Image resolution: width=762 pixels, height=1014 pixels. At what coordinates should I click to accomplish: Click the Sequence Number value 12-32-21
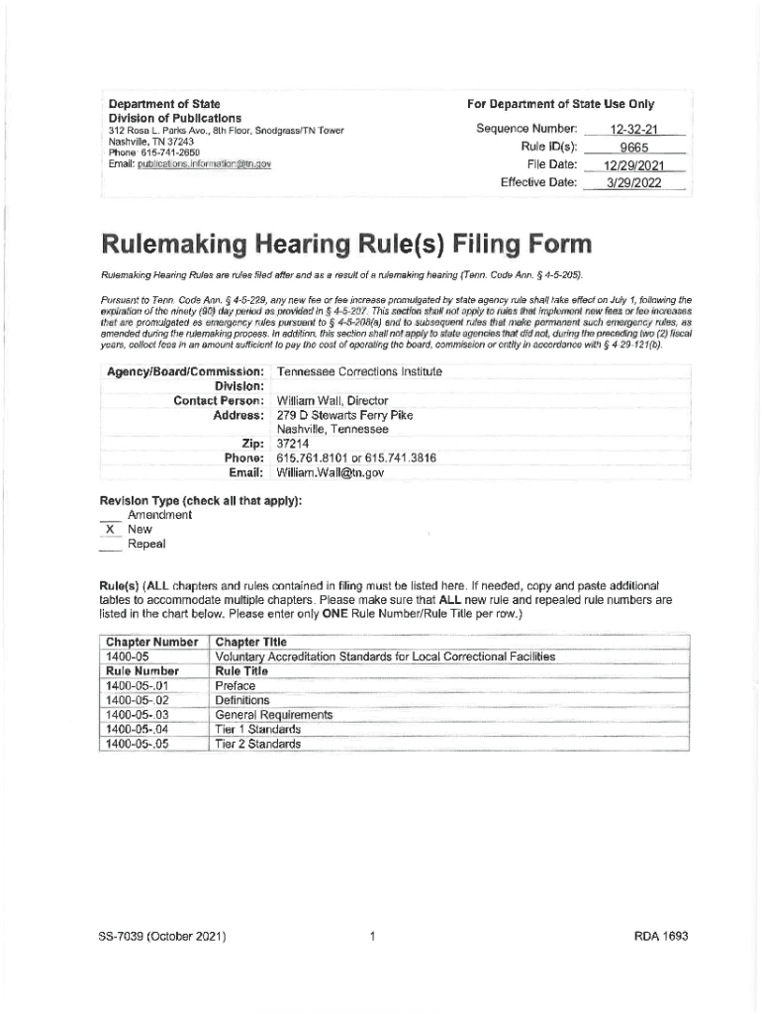(634, 130)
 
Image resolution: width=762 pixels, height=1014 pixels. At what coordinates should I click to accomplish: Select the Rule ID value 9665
(634, 148)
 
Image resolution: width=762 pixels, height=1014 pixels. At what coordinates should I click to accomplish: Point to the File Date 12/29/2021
(634, 164)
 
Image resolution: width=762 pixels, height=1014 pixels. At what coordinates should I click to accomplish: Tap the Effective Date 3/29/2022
(634, 182)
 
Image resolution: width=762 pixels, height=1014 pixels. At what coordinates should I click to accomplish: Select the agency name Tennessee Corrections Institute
(359, 371)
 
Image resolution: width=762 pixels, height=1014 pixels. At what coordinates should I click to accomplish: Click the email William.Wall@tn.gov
(330, 473)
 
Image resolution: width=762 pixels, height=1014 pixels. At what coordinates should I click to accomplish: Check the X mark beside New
(109, 529)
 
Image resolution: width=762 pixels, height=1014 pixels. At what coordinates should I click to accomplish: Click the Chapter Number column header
(151, 642)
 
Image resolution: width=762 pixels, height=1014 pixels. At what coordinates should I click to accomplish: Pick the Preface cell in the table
(236, 685)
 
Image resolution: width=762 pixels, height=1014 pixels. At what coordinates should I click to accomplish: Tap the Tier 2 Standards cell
(257, 743)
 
